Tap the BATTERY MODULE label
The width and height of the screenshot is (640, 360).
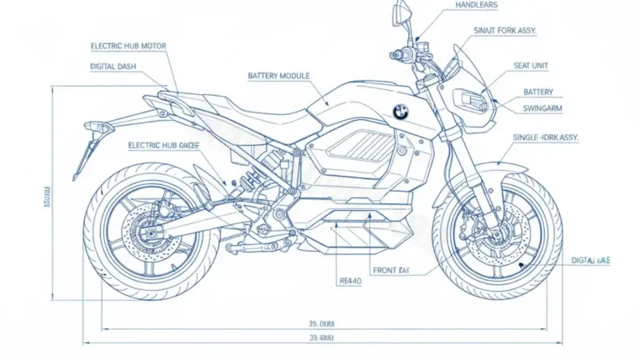click(278, 76)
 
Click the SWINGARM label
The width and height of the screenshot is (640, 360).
click(544, 107)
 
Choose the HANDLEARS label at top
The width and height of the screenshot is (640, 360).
click(477, 5)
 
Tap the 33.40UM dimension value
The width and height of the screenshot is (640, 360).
click(321, 337)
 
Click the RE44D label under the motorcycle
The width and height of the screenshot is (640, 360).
click(350, 281)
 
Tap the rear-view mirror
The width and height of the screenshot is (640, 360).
click(402, 12)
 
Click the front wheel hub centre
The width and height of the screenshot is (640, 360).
click(497, 231)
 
